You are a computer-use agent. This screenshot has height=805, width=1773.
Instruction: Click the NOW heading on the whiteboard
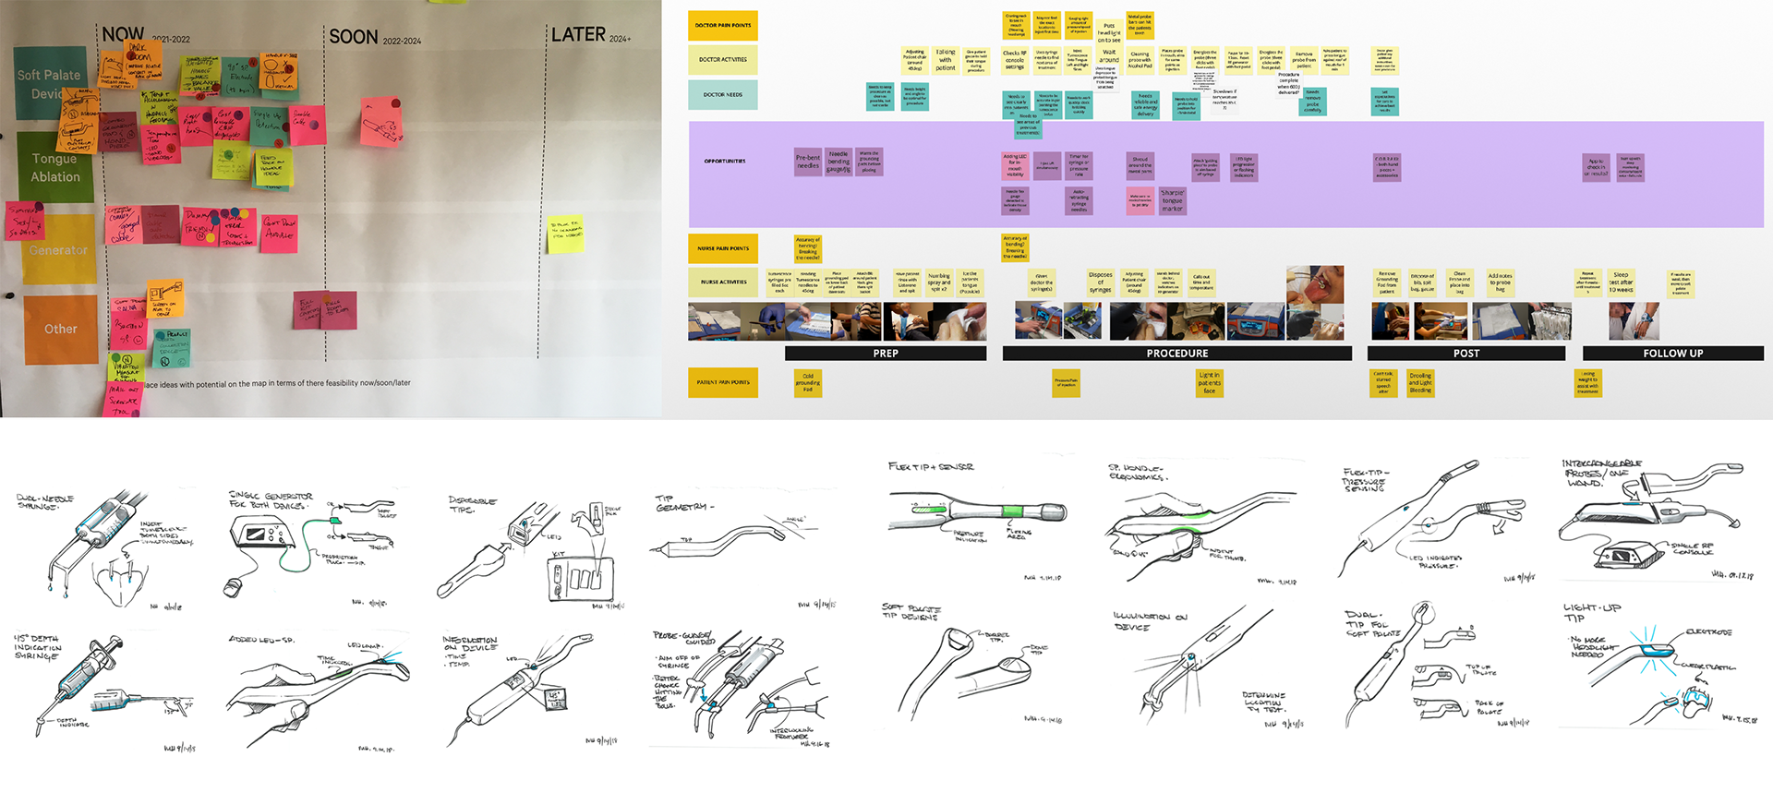[x=123, y=35]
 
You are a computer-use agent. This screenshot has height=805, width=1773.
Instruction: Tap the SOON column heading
[x=354, y=38]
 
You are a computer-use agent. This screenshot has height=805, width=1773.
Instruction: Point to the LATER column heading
[x=578, y=35]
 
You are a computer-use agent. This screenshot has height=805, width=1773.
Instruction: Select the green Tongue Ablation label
[x=55, y=167]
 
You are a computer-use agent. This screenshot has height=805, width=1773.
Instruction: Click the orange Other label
[x=61, y=329]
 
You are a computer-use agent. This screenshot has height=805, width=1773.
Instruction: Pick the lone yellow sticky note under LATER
[x=565, y=232]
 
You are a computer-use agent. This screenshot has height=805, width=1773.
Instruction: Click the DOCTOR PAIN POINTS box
[x=722, y=26]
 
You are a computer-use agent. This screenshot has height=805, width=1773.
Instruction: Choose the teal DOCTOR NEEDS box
[x=722, y=94]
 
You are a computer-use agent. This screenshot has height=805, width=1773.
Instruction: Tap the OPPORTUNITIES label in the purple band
[x=725, y=162]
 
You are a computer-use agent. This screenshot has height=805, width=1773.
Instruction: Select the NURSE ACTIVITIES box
[x=722, y=282]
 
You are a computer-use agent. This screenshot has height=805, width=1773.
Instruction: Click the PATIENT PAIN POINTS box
[x=722, y=382]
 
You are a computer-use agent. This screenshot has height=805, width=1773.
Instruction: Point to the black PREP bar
[x=885, y=354]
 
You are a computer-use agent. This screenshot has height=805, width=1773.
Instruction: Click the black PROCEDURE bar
[x=1176, y=354]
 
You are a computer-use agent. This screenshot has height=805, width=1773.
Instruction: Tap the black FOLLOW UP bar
[x=1672, y=354]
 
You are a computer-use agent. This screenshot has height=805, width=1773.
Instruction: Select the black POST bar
[x=1465, y=354]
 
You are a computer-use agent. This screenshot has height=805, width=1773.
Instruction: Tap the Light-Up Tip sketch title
[x=1591, y=612]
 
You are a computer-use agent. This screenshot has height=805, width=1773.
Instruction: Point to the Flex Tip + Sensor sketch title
[x=930, y=467]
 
